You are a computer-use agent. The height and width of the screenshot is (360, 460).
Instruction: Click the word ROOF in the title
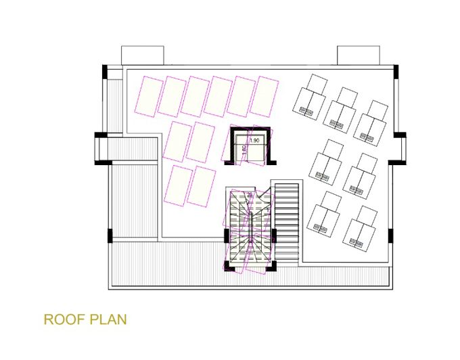coord(64,319)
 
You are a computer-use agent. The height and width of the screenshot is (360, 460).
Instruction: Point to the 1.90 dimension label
coord(254,140)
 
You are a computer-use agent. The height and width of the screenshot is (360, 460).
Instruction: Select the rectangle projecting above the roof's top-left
coord(143,55)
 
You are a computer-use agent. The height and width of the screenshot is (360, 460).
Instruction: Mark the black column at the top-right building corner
coord(396,70)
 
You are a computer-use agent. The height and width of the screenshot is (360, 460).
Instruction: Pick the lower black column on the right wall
coord(390,237)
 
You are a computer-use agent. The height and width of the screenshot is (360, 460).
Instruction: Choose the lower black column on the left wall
coord(109,237)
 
